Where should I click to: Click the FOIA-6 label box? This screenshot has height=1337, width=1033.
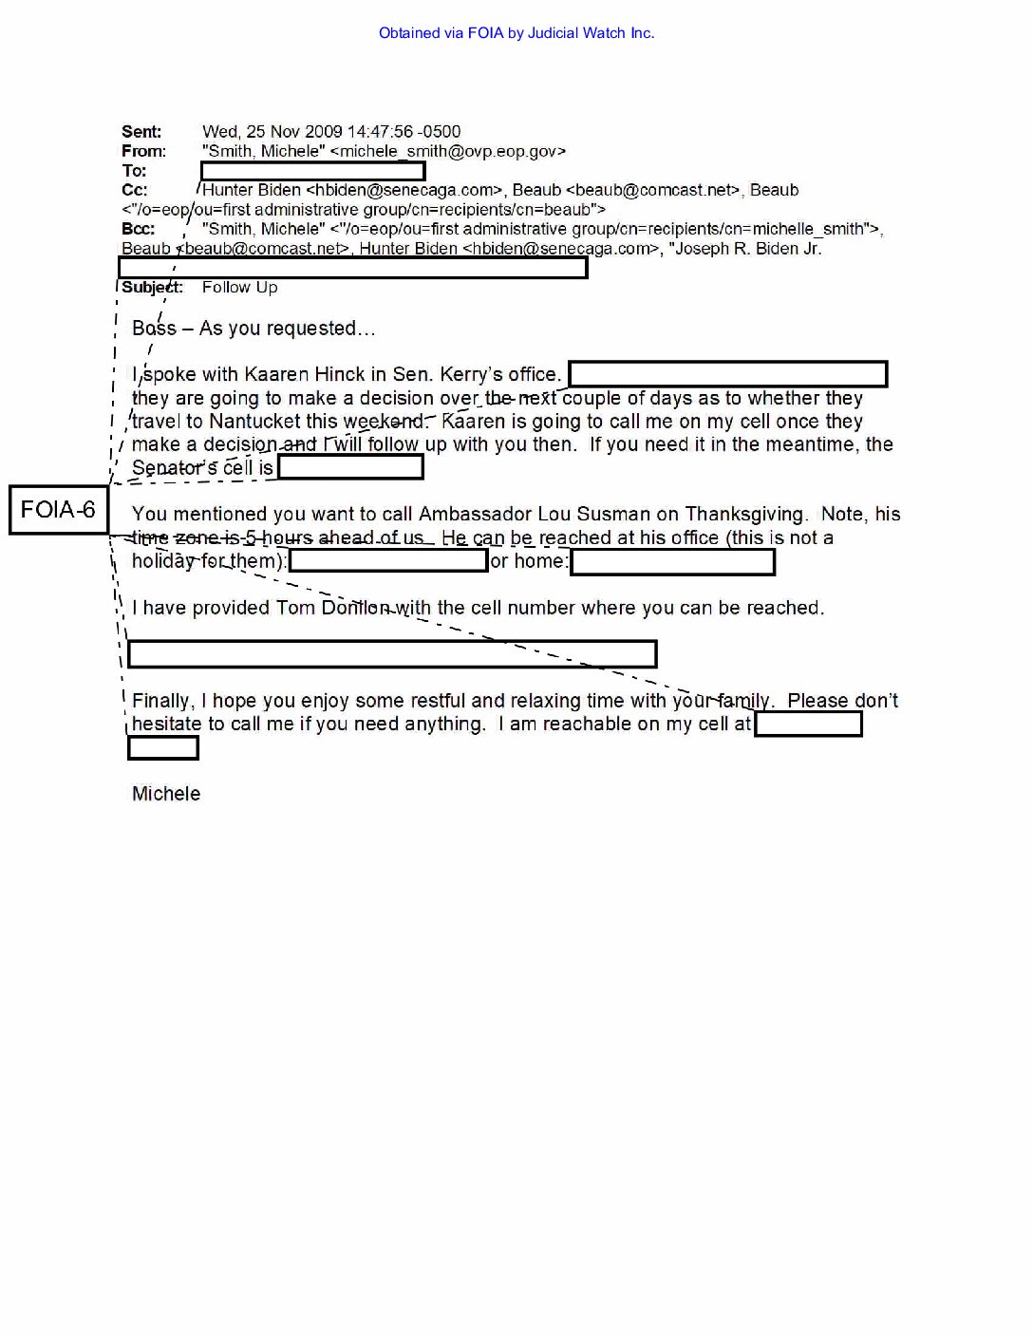tap(58, 510)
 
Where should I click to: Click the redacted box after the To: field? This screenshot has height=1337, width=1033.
tap(312, 172)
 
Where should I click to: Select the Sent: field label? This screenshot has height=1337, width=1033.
tap(141, 132)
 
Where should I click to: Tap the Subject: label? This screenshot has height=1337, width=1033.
tap(152, 287)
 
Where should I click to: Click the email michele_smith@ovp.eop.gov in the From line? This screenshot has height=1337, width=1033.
tap(447, 151)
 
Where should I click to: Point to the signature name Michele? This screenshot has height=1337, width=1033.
tap(166, 794)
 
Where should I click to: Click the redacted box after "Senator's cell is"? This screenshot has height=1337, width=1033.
tap(350, 467)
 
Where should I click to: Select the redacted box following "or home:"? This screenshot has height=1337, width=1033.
tap(673, 562)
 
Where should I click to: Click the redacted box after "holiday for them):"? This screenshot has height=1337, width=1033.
tap(388, 561)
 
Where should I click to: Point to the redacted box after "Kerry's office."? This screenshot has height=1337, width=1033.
tap(727, 374)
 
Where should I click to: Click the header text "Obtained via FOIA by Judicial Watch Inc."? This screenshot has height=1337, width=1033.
tap(516, 33)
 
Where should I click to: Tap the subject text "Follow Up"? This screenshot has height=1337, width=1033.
tap(239, 287)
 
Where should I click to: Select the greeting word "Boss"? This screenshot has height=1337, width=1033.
tap(154, 329)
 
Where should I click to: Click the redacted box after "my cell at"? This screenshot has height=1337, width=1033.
tap(808, 725)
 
